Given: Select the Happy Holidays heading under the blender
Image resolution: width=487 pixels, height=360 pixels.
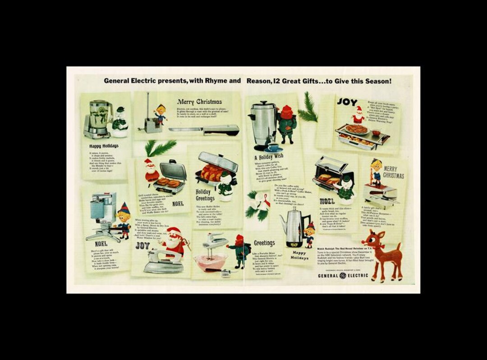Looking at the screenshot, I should [x=104, y=146].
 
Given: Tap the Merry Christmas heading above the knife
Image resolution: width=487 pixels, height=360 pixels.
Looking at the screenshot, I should [x=199, y=102].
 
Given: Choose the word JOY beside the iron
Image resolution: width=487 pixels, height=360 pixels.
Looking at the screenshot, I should [x=142, y=246].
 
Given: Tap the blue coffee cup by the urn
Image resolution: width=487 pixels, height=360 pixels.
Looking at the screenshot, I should [x=274, y=147].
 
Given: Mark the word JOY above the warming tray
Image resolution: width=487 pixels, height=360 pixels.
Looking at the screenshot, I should [x=347, y=102].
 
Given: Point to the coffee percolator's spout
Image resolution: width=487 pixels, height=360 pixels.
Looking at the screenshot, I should [x=283, y=221].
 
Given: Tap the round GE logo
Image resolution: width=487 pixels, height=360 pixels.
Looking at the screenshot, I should [x=343, y=275].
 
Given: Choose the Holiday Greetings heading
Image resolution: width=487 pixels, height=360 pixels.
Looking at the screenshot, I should [x=205, y=195].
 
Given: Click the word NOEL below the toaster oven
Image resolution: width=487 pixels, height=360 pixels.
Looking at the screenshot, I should [x=327, y=201].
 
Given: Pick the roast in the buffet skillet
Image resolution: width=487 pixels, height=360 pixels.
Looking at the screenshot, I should [x=212, y=173].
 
